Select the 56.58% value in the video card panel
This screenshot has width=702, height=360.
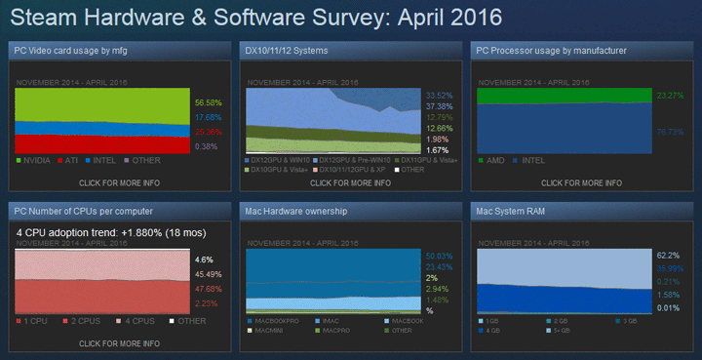(x=207, y=101)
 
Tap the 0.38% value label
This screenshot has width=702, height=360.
(x=207, y=146)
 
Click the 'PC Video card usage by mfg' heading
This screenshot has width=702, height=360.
(x=69, y=50)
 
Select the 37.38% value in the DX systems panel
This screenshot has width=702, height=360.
(x=440, y=106)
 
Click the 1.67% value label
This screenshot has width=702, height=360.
(x=438, y=150)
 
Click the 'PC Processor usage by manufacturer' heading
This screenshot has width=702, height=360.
(x=551, y=50)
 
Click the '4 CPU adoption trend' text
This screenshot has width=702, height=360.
(x=103, y=232)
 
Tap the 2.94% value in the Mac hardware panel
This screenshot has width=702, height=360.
(x=438, y=290)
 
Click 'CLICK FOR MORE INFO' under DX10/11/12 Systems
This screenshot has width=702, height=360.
(x=350, y=182)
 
